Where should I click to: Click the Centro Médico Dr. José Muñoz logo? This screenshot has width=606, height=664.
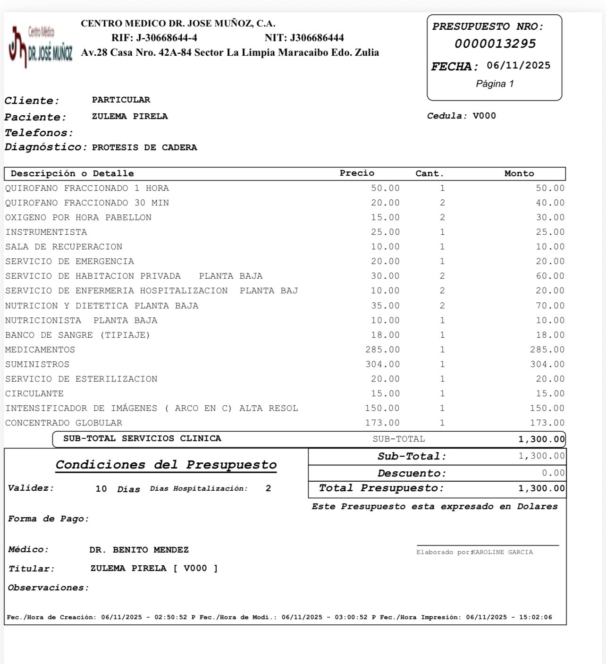41,46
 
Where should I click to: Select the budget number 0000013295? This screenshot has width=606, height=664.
495,44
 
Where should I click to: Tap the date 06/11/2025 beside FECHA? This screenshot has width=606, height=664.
518,66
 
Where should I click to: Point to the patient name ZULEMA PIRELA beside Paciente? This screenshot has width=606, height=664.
130,117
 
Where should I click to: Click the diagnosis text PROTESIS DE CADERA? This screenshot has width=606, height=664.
144,147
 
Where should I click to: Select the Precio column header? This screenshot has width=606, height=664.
357,173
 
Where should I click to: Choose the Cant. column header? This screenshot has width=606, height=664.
429,173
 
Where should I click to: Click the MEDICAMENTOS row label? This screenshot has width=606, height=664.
40,350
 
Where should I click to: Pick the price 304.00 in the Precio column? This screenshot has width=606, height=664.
382,365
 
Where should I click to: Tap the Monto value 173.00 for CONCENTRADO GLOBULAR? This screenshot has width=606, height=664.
547,423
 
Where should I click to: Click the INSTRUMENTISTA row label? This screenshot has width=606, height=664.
46,232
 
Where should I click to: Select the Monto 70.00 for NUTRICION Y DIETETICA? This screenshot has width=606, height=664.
550,306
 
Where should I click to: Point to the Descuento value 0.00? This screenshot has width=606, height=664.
553,473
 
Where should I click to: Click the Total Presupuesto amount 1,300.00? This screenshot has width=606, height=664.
541,488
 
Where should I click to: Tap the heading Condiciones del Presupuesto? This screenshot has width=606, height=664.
166,465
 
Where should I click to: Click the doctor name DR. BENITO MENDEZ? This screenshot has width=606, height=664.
139,550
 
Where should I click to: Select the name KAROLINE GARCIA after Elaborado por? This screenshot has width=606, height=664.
502,553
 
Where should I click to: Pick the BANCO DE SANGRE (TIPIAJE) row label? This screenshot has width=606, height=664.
77,335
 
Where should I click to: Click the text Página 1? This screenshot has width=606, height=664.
495,84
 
